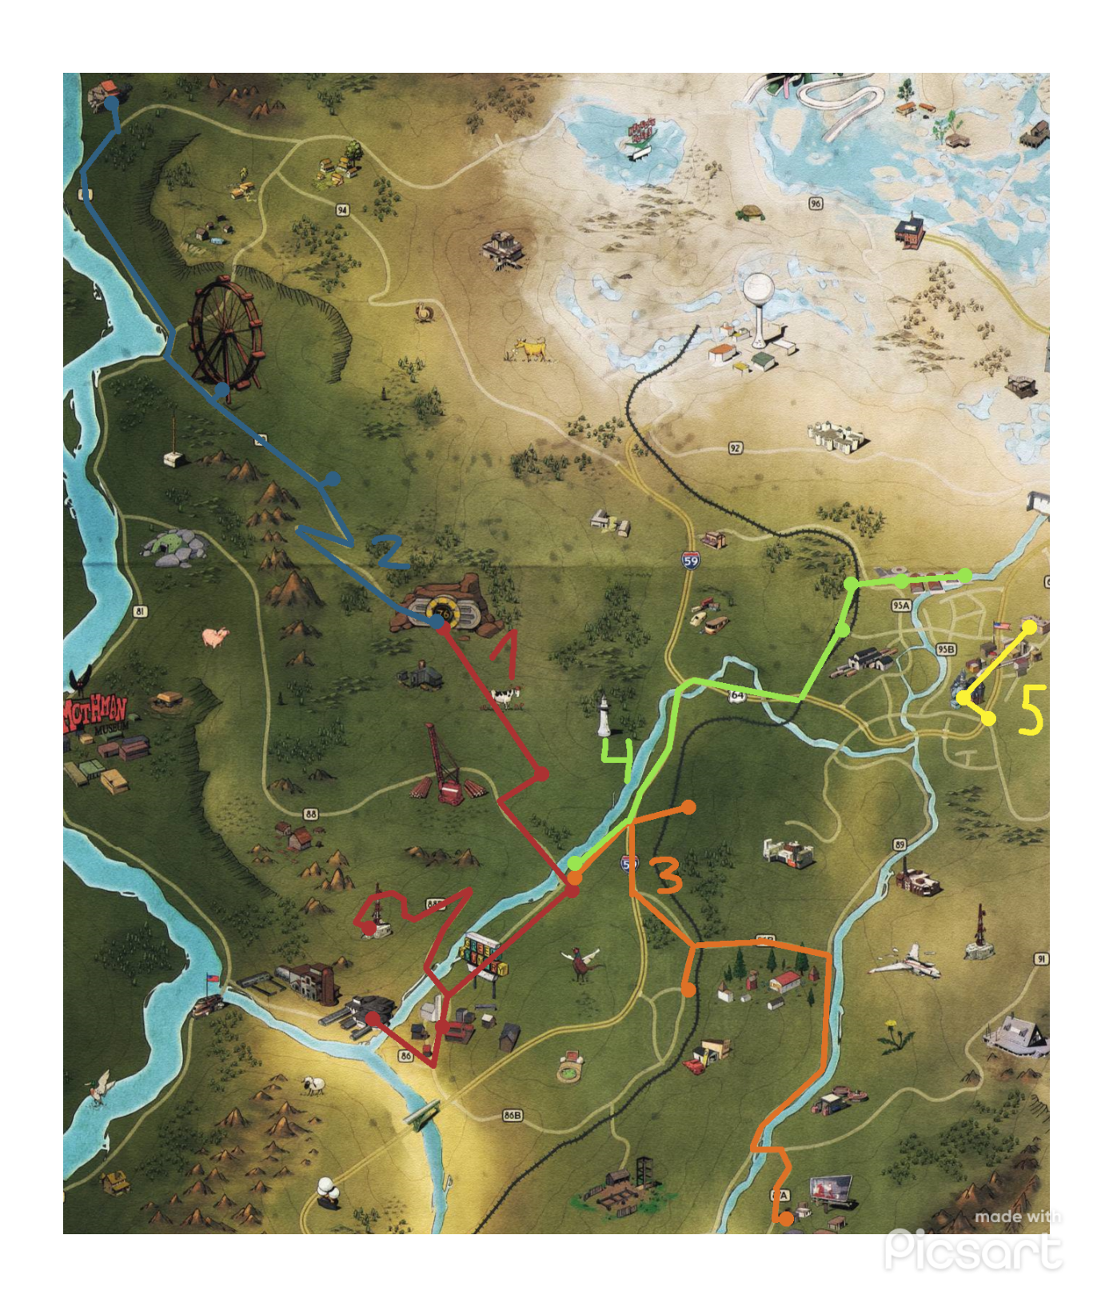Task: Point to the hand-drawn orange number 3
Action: [x=668, y=874]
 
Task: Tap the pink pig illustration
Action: [x=215, y=637]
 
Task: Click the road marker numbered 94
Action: [x=342, y=210]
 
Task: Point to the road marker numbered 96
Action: [x=815, y=203]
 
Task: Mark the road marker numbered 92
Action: [x=735, y=448]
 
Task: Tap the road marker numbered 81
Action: [x=141, y=612]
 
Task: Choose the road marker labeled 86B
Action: [x=513, y=1115]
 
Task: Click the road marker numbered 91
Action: [x=1040, y=958]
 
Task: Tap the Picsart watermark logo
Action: [x=974, y=1247]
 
